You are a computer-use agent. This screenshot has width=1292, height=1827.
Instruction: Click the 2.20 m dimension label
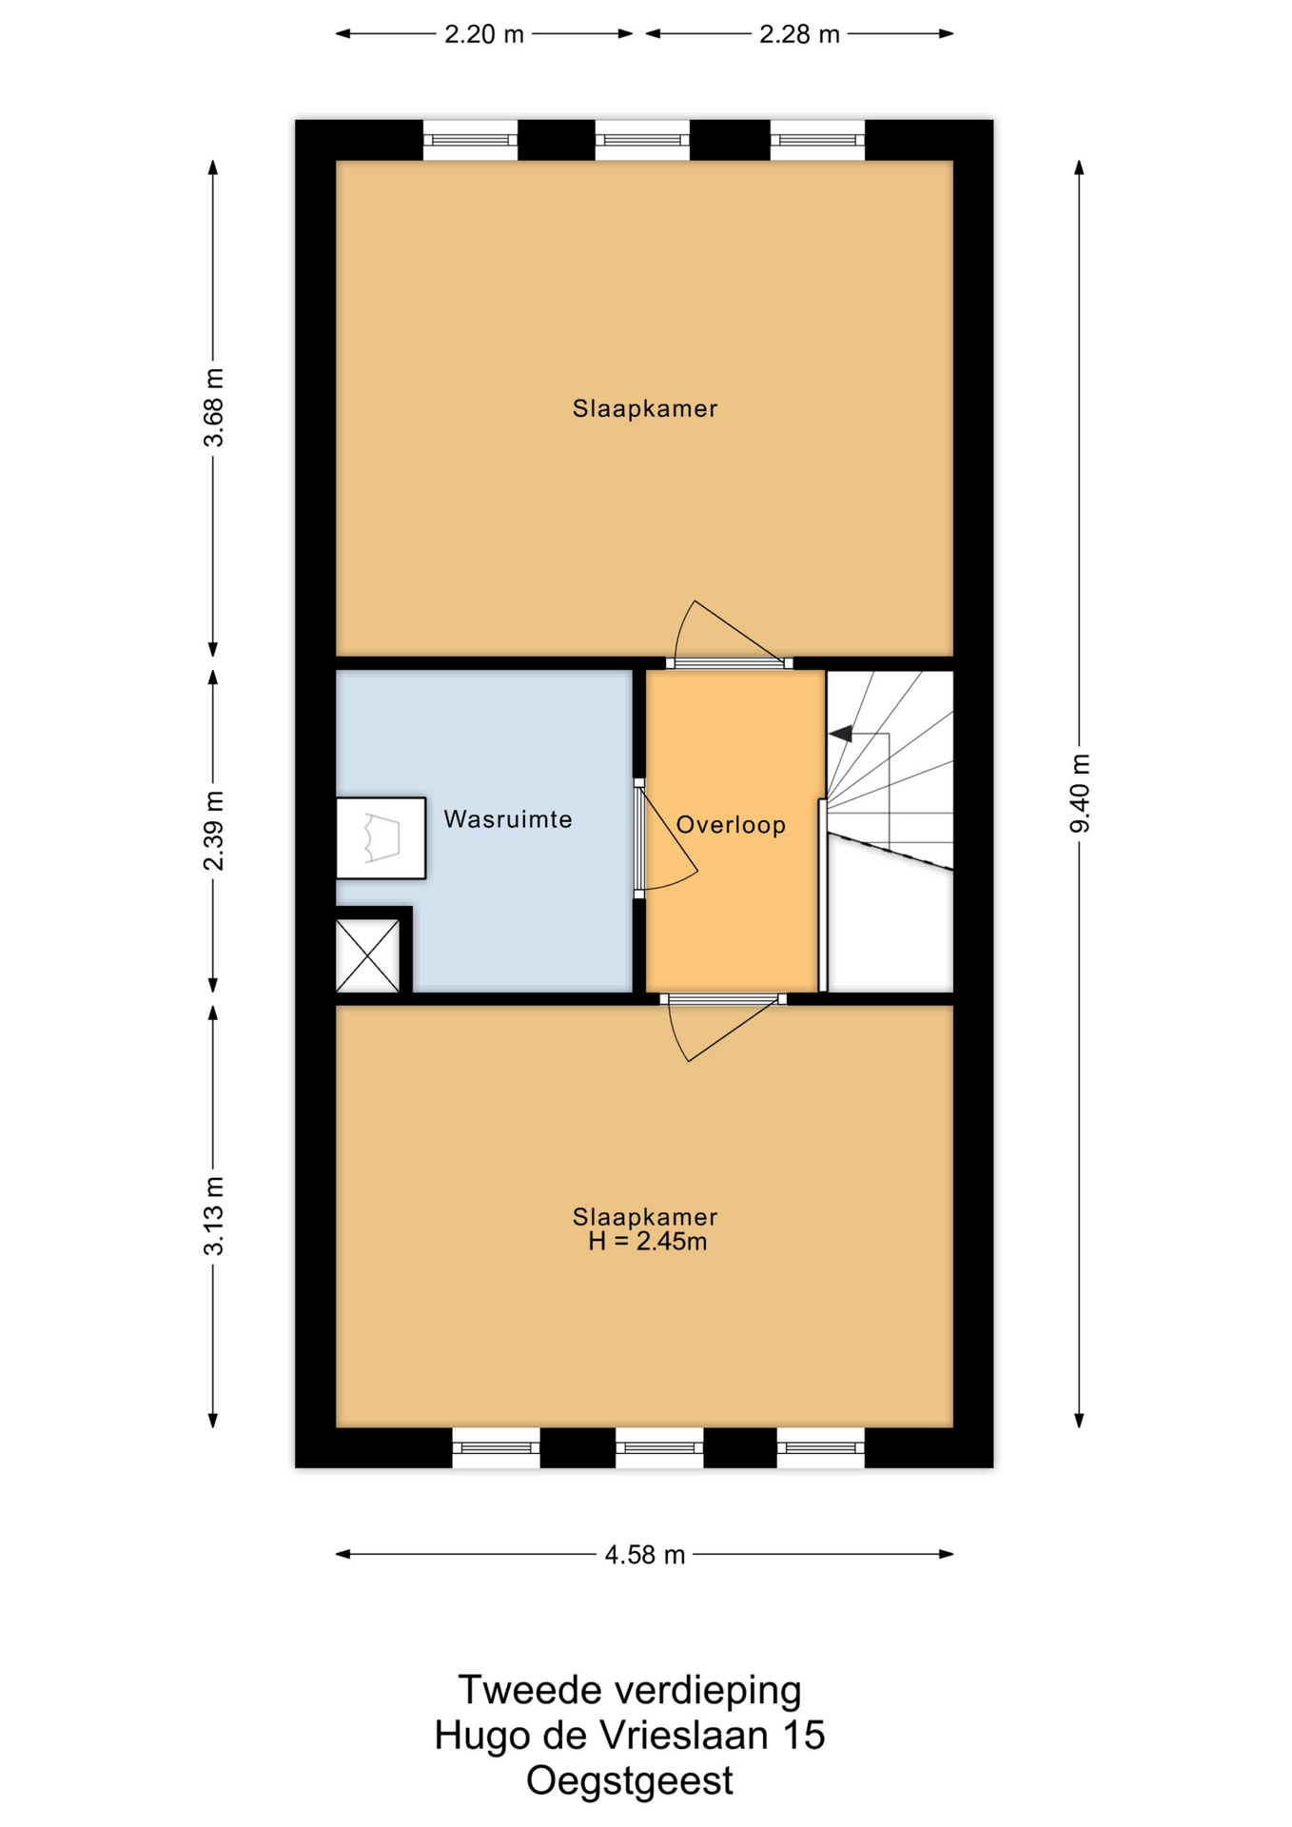point(484,34)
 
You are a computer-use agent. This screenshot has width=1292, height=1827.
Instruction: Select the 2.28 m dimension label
point(799,34)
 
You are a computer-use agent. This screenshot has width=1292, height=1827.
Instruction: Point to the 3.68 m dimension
point(214,407)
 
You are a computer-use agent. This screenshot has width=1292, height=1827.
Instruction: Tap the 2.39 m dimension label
point(214,831)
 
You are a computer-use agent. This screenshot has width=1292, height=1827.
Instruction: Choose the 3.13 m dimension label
point(214,1215)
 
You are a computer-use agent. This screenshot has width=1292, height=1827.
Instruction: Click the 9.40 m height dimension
point(1080,794)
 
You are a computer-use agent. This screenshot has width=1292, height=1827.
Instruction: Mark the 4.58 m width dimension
point(645,1554)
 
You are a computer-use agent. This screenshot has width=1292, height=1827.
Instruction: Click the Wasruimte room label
point(508,819)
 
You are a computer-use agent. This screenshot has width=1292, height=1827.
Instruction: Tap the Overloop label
point(731,824)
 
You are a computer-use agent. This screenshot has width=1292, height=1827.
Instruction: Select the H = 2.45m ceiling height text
point(647,1241)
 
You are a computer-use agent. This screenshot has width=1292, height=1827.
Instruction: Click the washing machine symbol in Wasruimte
point(381,837)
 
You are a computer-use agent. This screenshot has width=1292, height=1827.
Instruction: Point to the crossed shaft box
point(367,955)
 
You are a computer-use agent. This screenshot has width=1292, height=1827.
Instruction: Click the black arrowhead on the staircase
point(841,734)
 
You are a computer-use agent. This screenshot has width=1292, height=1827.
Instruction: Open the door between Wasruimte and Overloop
point(666,837)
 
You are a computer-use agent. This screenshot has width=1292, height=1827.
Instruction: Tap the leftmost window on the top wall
point(470,140)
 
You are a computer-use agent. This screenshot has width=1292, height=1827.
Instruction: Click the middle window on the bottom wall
point(659,1447)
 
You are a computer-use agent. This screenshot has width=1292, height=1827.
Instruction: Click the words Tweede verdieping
point(630,1691)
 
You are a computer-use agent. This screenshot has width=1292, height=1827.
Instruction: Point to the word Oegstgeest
point(630,1780)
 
